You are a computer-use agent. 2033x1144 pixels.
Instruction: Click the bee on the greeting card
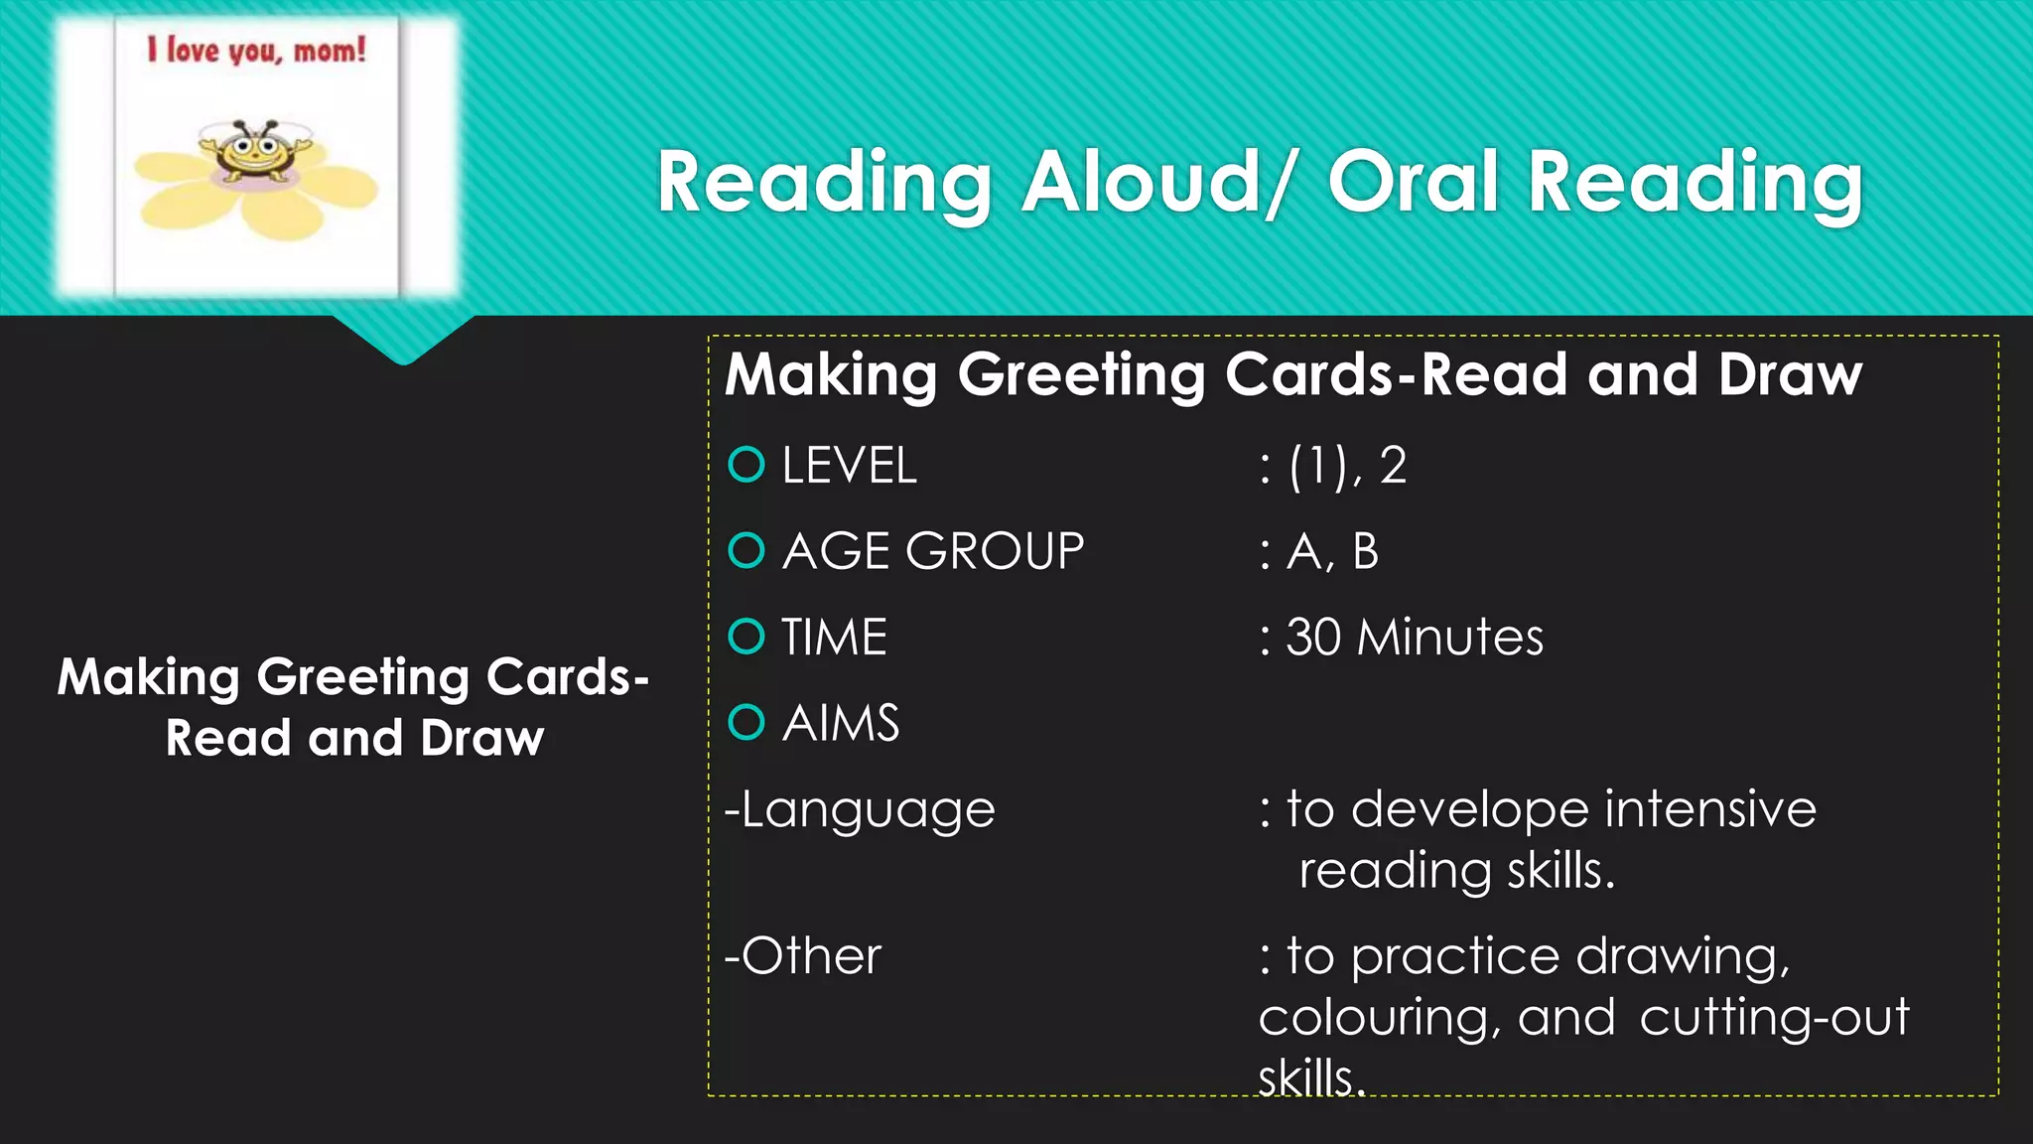click(254, 152)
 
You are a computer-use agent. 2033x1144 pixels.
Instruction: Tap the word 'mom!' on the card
click(330, 50)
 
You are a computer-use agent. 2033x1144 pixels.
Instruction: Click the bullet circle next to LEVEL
click(746, 465)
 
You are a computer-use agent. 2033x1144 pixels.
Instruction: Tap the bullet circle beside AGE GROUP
click(746, 550)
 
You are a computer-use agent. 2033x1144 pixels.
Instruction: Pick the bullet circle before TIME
click(746, 637)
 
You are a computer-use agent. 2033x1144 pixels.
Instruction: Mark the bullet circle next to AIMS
click(746, 722)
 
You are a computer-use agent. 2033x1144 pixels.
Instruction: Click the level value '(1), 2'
click(1347, 466)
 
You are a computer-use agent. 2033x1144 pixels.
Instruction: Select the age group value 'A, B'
click(1332, 551)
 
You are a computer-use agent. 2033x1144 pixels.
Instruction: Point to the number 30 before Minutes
click(1313, 638)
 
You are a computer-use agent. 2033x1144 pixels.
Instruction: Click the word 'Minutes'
click(1450, 638)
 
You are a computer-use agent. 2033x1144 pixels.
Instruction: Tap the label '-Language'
click(860, 810)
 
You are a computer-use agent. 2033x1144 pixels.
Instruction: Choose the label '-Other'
click(802, 956)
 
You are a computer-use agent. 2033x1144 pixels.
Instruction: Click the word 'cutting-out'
click(1774, 1018)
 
